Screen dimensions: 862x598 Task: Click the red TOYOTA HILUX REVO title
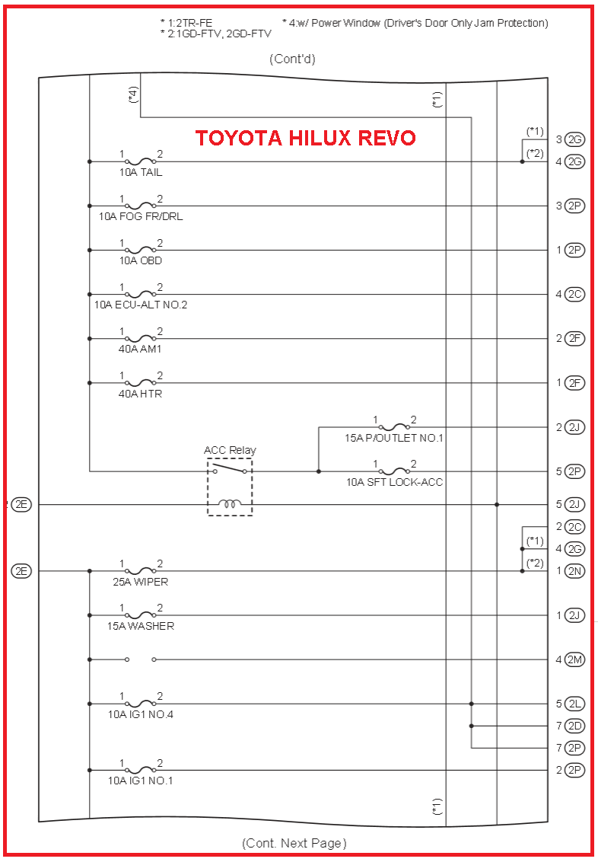305,138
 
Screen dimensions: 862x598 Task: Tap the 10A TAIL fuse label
140,173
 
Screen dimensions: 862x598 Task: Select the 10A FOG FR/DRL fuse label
141,216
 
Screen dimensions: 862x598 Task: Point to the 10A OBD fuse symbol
140,250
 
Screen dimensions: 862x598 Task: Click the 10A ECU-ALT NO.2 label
141,305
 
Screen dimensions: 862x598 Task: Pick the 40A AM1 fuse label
140,350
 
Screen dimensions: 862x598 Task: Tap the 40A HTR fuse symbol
140,382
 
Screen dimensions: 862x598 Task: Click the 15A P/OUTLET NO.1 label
393,438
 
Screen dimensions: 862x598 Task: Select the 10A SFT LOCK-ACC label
394,482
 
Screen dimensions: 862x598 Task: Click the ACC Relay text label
230,450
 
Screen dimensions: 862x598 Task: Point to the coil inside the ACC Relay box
230,503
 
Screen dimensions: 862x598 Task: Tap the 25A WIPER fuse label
140,582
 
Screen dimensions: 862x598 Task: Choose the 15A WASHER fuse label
140,626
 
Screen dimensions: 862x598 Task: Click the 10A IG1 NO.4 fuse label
140,714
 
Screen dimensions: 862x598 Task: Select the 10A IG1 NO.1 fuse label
140,781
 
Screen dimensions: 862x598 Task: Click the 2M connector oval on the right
575,659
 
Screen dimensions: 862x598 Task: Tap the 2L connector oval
575,704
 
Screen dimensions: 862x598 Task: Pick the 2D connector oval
575,726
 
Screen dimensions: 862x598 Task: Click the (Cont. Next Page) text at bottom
294,843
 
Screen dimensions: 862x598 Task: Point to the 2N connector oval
575,571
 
